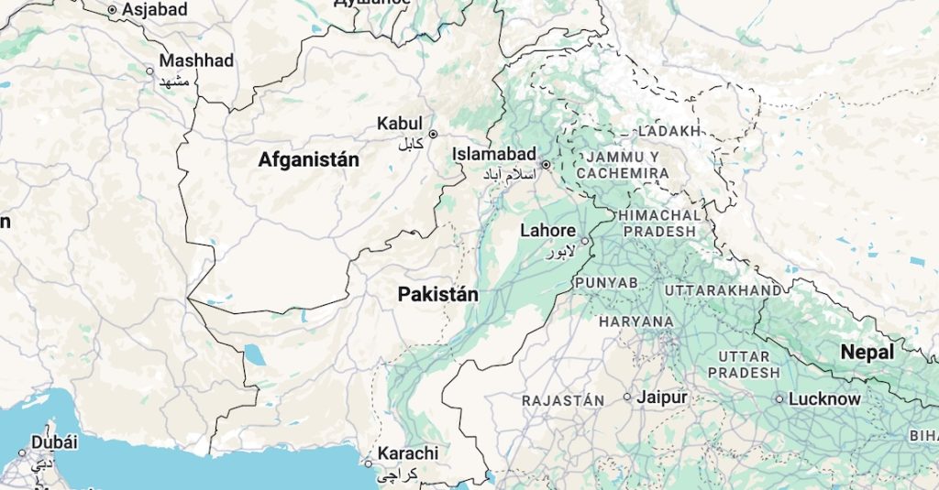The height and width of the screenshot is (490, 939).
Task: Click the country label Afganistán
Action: coord(308,160)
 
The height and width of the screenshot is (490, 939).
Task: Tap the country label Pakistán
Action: coord(438,295)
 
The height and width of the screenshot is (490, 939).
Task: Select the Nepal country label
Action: coord(867,353)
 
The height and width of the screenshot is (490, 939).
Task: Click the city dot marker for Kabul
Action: coord(433,134)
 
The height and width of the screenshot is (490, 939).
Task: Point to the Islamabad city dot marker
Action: coord(545,166)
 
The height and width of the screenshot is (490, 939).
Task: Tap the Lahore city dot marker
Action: coord(585,242)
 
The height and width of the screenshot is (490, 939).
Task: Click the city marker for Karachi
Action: coord(369,463)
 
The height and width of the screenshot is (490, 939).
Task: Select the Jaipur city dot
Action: coord(627,397)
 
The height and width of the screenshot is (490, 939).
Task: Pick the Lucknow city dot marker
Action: coord(779,399)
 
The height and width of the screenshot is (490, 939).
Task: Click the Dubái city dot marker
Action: coord(23,452)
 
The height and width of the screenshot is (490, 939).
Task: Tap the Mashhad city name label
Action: coord(196,60)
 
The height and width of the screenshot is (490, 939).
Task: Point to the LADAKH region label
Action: coord(668,132)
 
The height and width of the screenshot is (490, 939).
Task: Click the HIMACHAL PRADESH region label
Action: coord(658,223)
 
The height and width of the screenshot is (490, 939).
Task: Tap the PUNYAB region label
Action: coord(606,283)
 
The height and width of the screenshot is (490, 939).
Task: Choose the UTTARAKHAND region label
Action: coord(724,290)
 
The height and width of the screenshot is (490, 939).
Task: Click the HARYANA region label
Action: coord(635,322)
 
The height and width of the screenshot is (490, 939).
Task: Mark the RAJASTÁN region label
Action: coord(563,401)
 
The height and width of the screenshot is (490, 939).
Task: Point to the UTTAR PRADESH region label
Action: coord(744,365)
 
